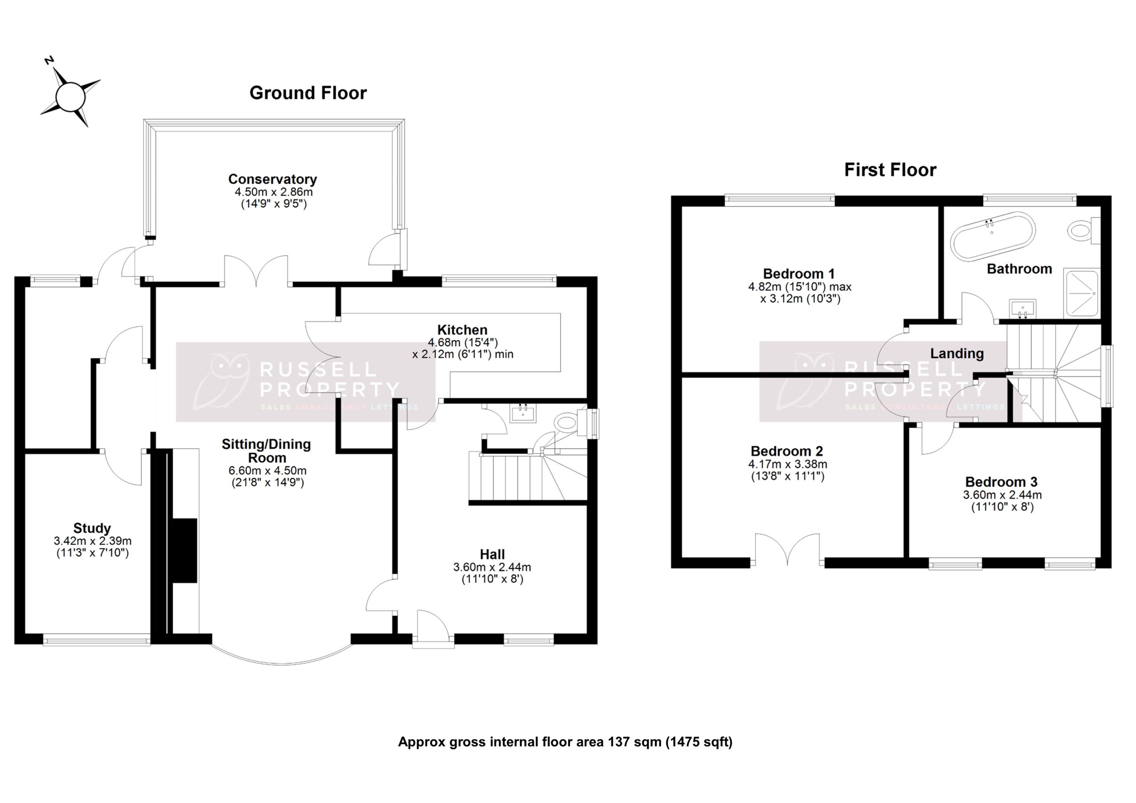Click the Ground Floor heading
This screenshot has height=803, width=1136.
308,93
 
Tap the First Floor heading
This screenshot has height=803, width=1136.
890,170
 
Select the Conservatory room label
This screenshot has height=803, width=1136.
272,179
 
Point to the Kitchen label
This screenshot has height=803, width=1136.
462,330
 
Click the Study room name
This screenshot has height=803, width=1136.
92,528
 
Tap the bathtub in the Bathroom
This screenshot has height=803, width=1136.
992,236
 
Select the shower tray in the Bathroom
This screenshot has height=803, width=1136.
1081,293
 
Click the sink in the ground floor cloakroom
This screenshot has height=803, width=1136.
523,413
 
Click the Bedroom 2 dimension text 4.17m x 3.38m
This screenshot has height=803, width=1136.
787,464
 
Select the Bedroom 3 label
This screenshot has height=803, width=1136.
1001,481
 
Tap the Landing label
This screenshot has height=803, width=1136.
956,353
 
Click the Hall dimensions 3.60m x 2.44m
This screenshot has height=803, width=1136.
492,567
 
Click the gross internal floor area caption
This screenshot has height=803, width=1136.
565,742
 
